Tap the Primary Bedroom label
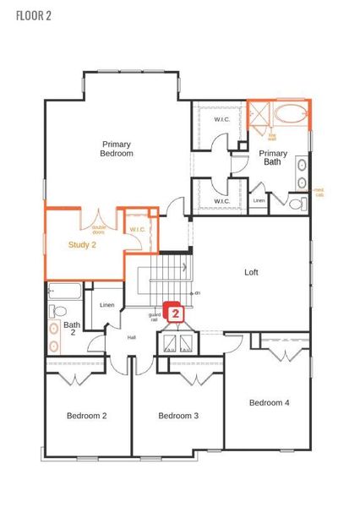[116, 149]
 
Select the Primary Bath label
[273, 157]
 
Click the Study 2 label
[82, 245]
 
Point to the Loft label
[251, 272]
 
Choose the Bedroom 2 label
[87, 415]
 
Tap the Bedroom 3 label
[178, 415]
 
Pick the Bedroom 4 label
[269, 403]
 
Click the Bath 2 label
[72, 328]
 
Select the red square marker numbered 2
[175, 313]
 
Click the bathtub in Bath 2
[63, 292]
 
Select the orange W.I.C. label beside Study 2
[137, 230]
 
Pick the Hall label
[132, 337]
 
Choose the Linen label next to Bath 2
[106, 305]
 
